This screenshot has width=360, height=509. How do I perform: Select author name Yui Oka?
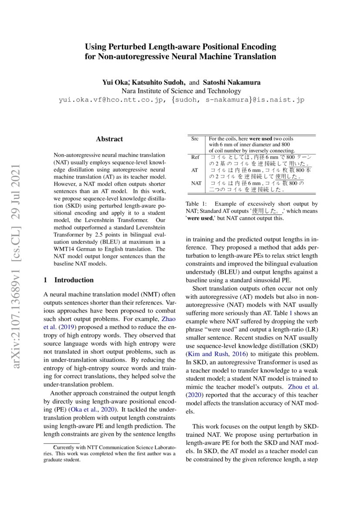(115, 82)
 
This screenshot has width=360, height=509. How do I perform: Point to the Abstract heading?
(109, 139)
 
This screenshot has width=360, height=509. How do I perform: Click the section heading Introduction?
(74, 280)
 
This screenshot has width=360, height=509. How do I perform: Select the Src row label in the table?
(195, 139)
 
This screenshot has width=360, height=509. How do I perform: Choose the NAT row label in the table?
(196, 183)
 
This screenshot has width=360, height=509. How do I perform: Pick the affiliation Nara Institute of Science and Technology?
(181, 91)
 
